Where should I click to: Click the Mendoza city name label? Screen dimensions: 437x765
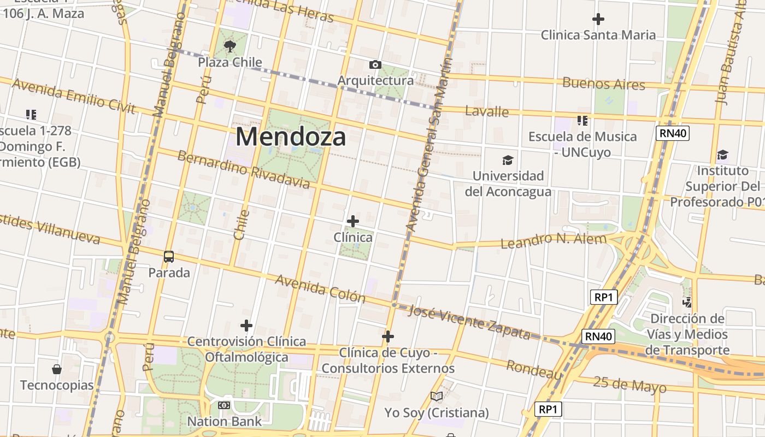291,137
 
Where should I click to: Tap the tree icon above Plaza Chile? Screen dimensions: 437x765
229,46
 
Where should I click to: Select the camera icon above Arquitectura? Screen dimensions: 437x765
375,65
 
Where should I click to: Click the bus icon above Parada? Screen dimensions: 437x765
169,256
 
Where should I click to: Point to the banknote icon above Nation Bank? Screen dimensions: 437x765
224,405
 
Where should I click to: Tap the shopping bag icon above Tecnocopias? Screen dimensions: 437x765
57,369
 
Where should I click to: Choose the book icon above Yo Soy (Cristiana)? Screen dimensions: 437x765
436,397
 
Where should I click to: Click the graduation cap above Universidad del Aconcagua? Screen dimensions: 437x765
508,160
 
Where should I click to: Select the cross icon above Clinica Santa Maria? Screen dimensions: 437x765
598,19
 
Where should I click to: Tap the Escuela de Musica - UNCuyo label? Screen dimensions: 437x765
582,144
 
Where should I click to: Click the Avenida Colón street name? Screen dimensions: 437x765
320,288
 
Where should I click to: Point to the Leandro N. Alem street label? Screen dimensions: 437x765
554,240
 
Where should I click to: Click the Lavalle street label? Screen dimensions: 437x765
487,111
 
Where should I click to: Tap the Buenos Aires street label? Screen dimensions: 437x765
604,84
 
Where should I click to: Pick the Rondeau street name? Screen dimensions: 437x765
534,370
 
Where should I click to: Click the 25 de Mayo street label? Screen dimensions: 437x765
629,385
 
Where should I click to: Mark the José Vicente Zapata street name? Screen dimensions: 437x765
469,322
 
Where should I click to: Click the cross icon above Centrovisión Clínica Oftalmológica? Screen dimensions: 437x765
246,326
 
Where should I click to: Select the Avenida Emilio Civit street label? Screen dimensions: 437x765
73,96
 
